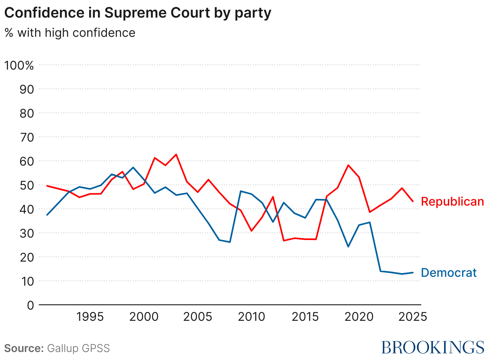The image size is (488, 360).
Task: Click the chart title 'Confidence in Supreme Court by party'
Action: pyautogui.click(x=138, y=13)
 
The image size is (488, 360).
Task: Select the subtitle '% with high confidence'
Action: pyautogui.click(x=70, y=32)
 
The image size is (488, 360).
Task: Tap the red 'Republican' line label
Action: pyautogui.click(x=452, y=202)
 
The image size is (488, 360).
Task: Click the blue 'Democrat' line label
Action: pyautogui.click(x=449, y=273)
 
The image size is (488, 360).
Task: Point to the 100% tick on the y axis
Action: pyautogui.click(x=19, y=65)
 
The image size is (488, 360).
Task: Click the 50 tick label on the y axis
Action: pyautogui.click(x=26, y=185)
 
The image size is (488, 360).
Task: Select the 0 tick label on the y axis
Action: pyautogui.click(x=30, y=305)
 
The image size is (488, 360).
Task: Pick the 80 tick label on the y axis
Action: pyautogui.click(x=26, y=113)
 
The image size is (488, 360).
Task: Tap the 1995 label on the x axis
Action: pyautogui.click(x=90, y=317)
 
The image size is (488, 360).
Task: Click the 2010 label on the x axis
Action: pyautogui.click(x=251, y=317)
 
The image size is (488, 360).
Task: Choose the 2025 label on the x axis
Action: pyautogui.click(x=412, y=317)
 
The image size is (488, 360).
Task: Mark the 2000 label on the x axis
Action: pyautogui.click(x=144, y=317)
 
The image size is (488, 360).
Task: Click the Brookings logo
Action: pyautogui.click(x=432, y=347)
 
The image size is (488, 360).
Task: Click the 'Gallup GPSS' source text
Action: pyautogui.click(x=78, y=348)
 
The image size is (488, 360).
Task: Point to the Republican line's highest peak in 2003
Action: pyautogui.click(x=176, y=154)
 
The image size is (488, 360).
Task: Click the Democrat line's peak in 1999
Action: pyautogui.click(x=133, y=168)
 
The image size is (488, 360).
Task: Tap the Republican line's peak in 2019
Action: pyautogui.click(x=348, y=165)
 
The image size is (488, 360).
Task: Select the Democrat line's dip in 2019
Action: pyautogui.click(x=348, y=247)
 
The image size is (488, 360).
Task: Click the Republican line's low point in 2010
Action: pyautogui.click(x=251, y=231)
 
